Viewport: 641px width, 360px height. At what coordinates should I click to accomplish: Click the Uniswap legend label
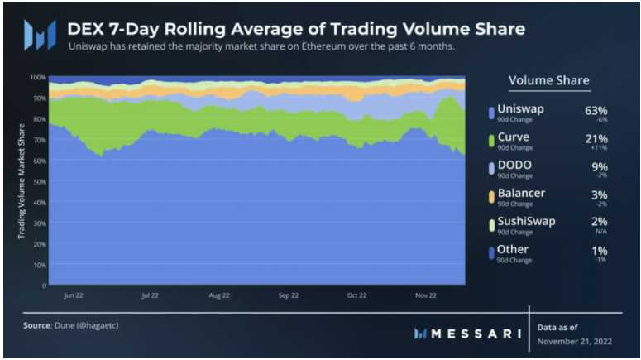521,109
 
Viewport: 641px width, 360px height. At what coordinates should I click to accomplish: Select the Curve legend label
514,137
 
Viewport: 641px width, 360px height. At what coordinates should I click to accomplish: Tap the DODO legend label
515,166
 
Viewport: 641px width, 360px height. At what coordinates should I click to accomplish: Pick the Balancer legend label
522,194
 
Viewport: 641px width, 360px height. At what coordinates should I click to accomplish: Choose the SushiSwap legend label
527,221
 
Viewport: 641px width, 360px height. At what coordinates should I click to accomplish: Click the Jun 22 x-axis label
74,295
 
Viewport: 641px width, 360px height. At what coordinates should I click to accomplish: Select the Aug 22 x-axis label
219,295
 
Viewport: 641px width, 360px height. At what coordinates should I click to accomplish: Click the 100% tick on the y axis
37,77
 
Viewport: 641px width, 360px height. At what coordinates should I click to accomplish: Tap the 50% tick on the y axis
39,181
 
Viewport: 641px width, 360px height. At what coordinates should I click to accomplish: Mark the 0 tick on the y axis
43,286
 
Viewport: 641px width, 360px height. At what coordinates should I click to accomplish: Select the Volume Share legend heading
548,80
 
